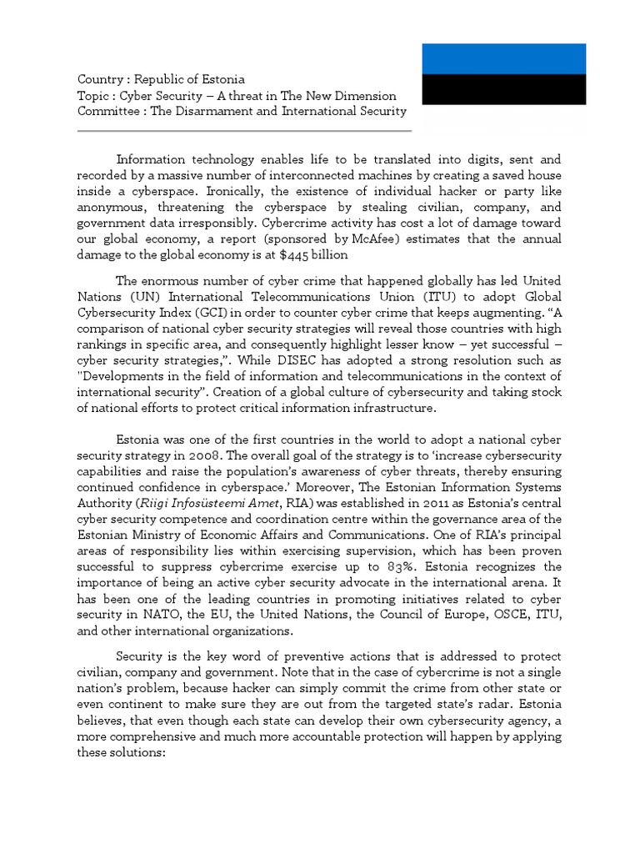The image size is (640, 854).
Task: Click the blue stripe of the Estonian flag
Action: (503, 58)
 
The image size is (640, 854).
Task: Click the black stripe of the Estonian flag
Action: (503, 89)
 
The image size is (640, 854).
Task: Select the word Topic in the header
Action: (92, 96)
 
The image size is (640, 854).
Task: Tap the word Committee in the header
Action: (106, 111)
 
